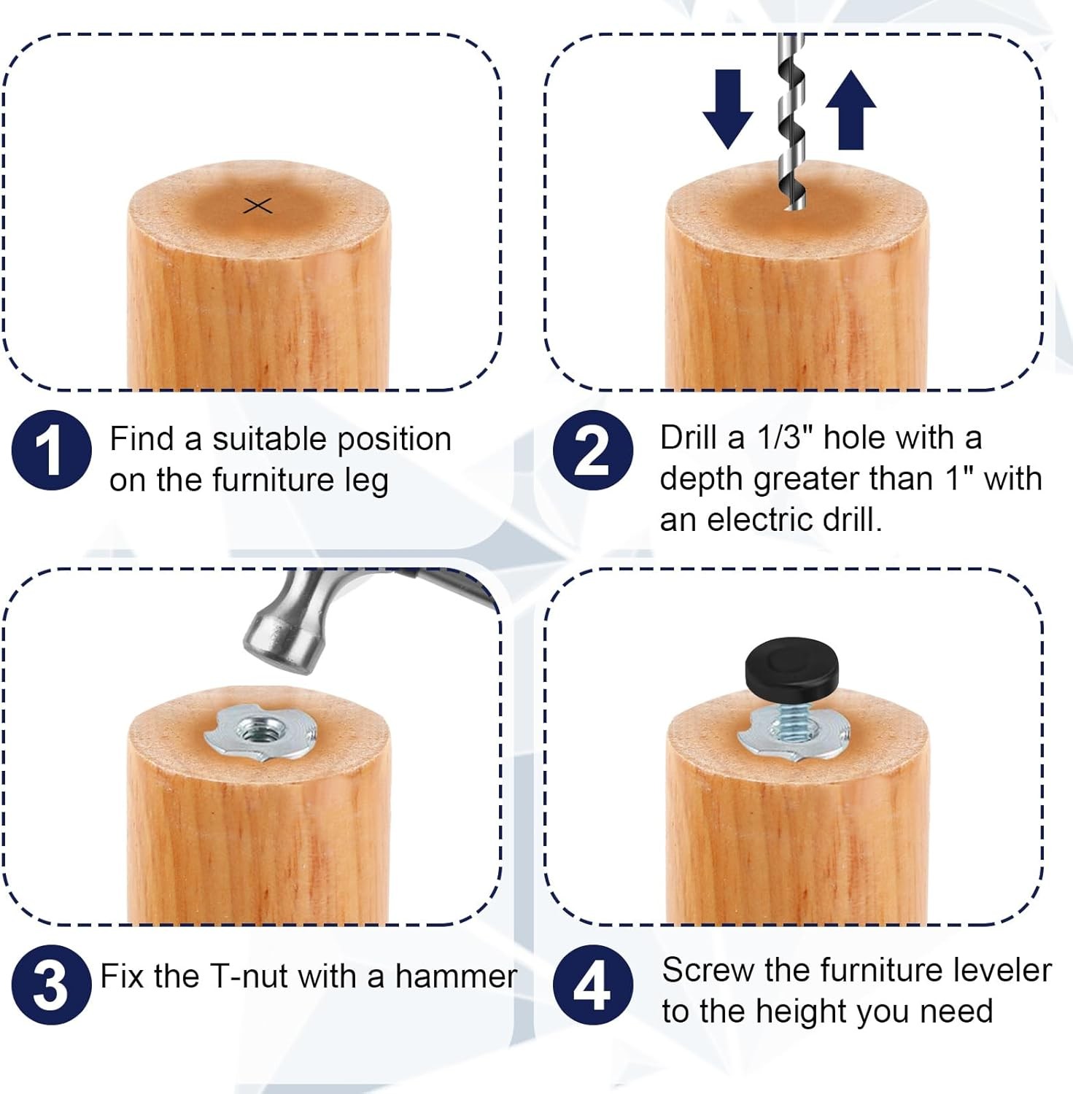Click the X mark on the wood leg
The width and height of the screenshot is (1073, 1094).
click(257, 206)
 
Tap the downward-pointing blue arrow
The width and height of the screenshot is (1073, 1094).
click(727, 109)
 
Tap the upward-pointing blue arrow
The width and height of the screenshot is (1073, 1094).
click(851, 109)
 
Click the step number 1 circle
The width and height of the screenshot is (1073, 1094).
click(52, 450)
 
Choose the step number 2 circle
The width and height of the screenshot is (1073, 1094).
click(593, 450)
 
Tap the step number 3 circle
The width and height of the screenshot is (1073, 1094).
click(52, 985)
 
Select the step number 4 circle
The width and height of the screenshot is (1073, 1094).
click(593, 985)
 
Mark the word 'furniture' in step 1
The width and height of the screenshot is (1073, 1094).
click(274, 480)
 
